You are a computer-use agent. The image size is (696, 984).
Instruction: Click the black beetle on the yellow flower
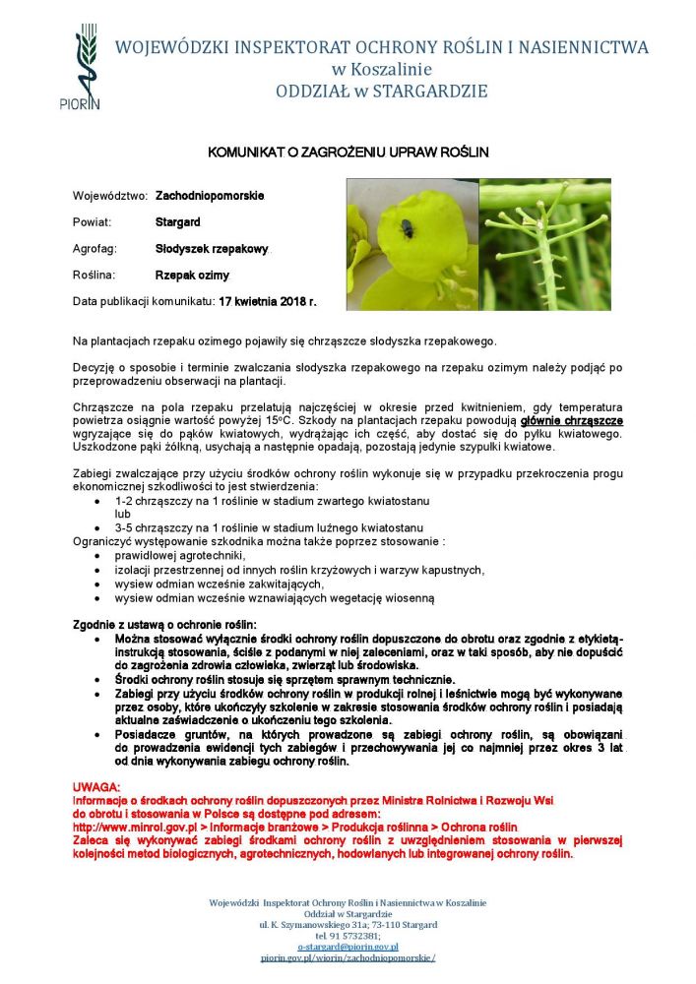point(406,231)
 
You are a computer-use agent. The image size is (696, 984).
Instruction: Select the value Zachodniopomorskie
point(210,197)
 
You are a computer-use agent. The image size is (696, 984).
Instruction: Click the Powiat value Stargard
point(177,222)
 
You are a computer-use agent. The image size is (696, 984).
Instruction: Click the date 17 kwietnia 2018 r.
point(268,301)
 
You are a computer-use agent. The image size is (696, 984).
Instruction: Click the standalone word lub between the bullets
point(122,514)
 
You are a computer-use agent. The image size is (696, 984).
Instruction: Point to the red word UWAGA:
point(96,789)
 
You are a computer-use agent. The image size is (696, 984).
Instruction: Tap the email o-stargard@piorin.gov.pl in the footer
point(348,947)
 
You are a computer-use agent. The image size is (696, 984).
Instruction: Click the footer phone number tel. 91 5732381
point(348,936)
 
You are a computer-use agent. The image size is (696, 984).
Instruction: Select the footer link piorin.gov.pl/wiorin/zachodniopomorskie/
point(348,957)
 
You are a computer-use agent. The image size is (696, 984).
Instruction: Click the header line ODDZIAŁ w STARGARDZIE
point(382,92)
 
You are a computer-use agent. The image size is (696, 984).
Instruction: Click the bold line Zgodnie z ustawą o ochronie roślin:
point(164,625)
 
